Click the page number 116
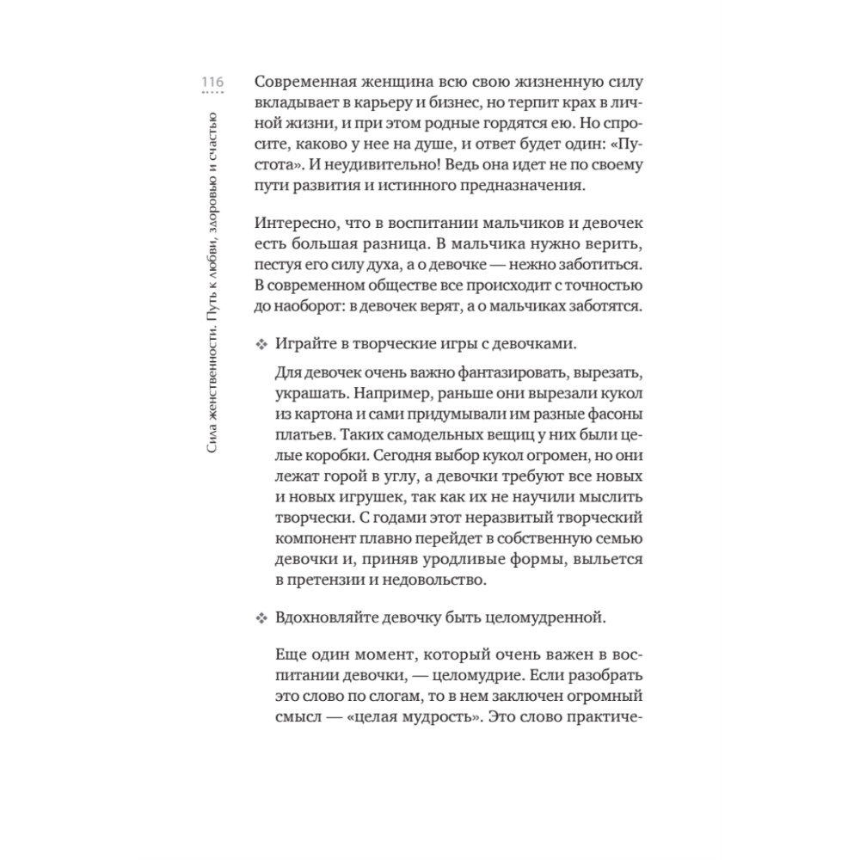click(212, 82)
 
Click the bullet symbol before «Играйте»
click(261, 345)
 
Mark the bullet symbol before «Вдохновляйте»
click(261, 618)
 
